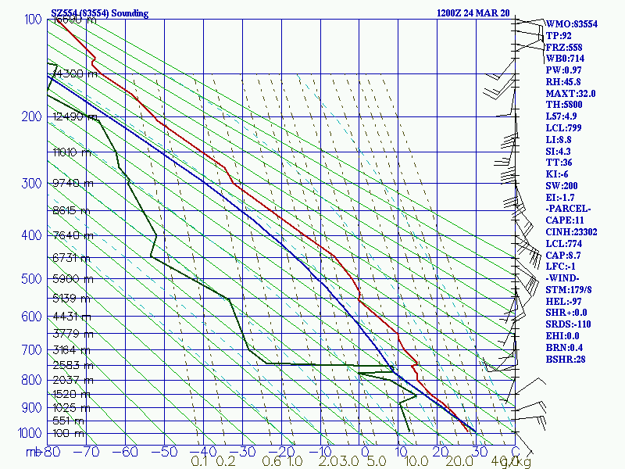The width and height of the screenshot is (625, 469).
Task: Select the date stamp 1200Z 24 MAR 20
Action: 473,13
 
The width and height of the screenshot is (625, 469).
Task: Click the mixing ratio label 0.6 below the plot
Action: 272,462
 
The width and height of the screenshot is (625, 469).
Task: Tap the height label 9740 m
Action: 72,183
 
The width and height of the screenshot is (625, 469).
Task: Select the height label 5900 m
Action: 72,278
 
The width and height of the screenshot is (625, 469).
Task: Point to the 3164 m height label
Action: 72,349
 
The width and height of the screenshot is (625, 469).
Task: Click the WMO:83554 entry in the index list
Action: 572,24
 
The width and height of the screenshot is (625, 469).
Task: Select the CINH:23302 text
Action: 572,232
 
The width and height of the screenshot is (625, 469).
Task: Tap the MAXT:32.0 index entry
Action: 571,93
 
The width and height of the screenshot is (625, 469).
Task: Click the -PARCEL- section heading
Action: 569,209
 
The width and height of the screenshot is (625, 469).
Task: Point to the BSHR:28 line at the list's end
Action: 566,360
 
